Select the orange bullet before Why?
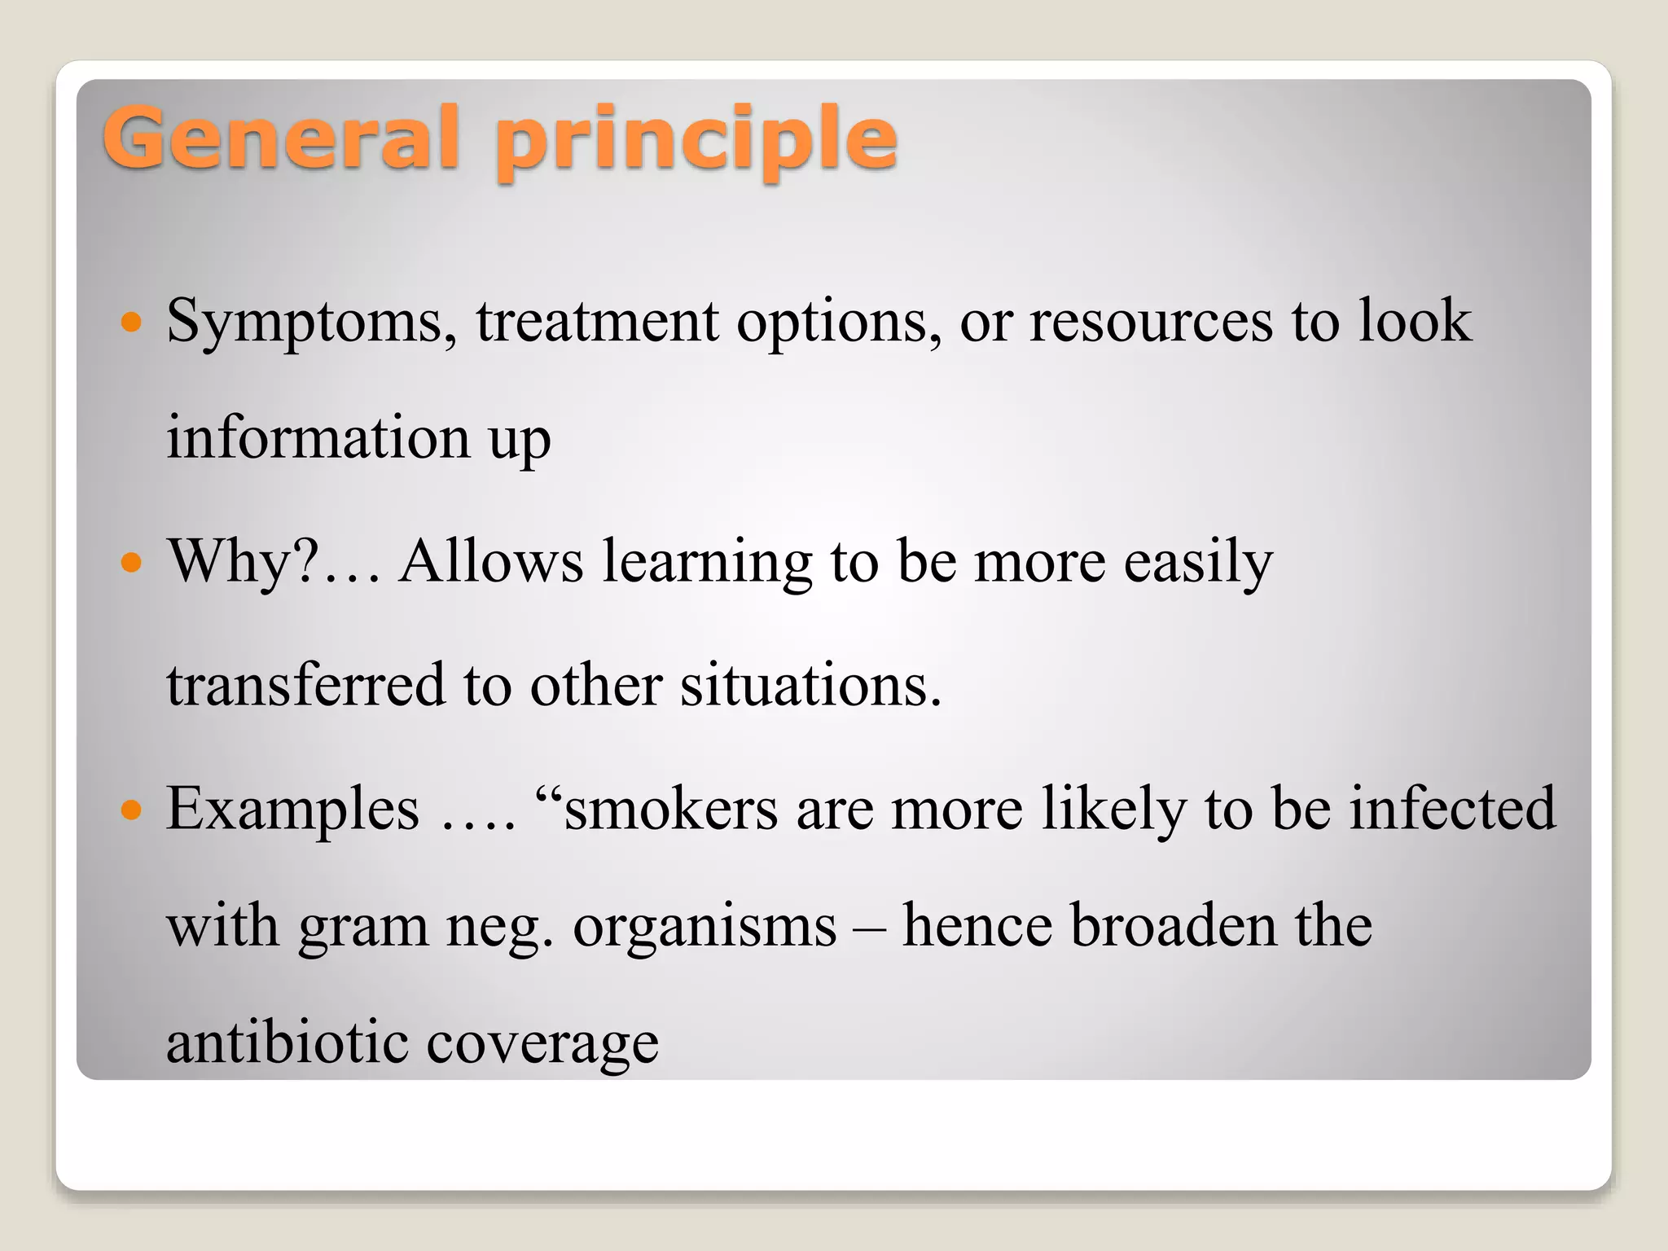pos(131,562)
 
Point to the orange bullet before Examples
pos(131,810)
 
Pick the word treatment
pos(597,321)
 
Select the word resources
pos(1150,321)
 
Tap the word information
pos(318,437)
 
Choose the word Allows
pos(491,561)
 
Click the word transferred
pos(306,684)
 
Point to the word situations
pos(810,684)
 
